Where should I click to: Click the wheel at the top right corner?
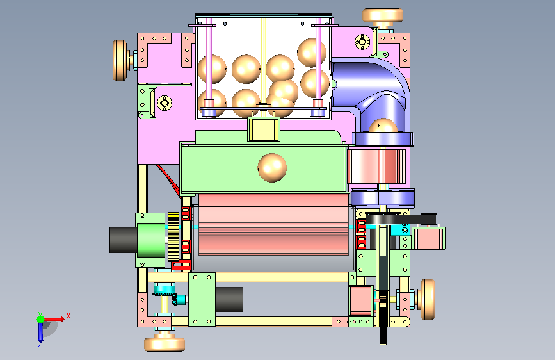click(383, 17)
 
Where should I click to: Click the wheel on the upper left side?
click(120, 60)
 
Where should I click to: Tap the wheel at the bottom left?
click(165, 344)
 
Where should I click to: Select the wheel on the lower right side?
click(427, 299)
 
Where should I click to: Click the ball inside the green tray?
click(272, 168)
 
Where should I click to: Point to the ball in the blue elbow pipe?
click(383, 126)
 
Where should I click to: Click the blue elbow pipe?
click(372, 92)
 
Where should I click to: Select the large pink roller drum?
click(273, 225)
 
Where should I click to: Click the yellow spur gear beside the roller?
click(173, 236)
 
